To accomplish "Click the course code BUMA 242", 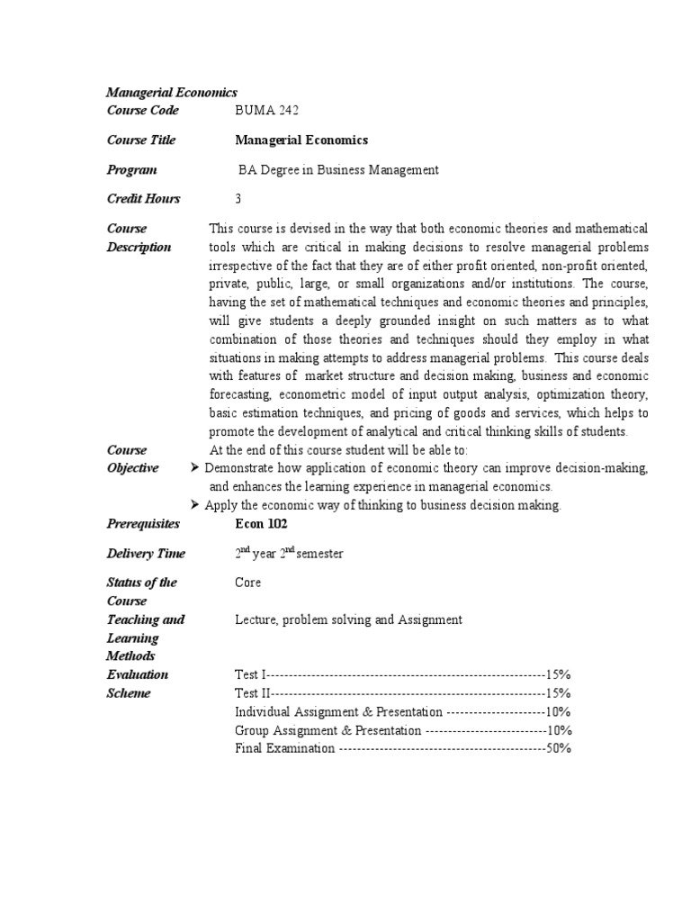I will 266,111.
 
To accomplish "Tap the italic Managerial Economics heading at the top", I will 172,92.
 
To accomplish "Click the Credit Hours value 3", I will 238,199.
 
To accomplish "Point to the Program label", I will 131,170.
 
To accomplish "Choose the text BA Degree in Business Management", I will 338,170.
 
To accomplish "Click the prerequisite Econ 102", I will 261,524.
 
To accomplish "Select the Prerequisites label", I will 143,524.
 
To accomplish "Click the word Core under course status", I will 248,583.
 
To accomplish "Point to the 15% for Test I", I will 558,674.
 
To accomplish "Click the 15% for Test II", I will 558,693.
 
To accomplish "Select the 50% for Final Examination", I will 558,748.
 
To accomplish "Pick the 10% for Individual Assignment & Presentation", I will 558,712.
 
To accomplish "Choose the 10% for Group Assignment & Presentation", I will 558,730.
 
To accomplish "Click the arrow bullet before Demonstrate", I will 196,468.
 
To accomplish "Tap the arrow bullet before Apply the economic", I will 196,505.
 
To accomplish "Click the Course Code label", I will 143,111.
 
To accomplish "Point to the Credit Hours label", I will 144,199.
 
